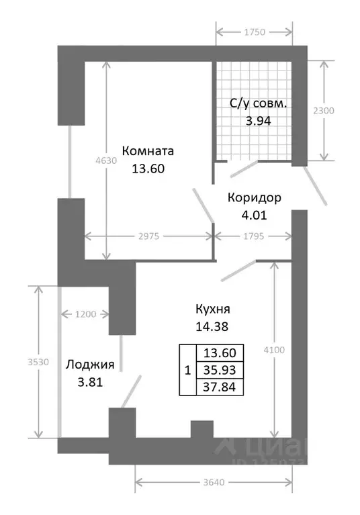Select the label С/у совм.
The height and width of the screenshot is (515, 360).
pyautogui.click(x=258, y=104)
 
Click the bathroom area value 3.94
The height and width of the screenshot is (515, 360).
pyautogui.click(x=258, y=122)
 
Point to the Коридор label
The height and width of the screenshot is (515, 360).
pyautogui.click(x=254, y=198)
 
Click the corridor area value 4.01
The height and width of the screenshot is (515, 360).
pyautogui.click(x=254, y=216)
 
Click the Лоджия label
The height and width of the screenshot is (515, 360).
pyautogui.click(x=90, y=365)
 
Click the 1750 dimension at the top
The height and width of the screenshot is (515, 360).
pyautogui.click(x=254, y=31)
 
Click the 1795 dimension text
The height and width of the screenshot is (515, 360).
pyautogui.click(x=253, y=236)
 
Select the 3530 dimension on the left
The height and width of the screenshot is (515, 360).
pyautogui.click(x=28, y=361)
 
